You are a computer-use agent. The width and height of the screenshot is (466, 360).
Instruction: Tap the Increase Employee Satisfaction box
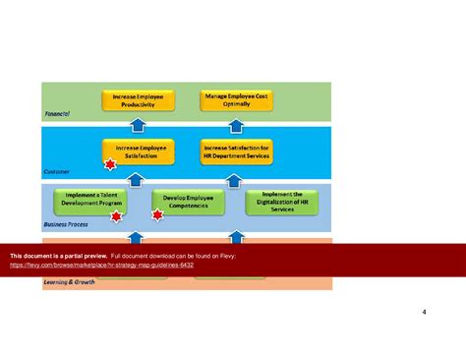tap(138, 150)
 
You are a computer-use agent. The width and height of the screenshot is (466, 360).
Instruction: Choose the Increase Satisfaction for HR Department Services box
tap(237, 150)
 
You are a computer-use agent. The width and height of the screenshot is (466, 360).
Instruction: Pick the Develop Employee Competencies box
tap(188, 202)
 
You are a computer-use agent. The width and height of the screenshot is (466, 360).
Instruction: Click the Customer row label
tap(57, 171)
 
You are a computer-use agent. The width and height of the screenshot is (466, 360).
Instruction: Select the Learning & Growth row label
tap(69, 282)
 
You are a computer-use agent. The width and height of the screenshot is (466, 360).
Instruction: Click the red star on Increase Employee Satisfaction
tap(110, 164)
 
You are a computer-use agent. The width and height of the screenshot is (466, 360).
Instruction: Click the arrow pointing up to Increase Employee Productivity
tap(138, 125)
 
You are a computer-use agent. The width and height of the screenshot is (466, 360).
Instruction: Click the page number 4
tap(424, 314)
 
